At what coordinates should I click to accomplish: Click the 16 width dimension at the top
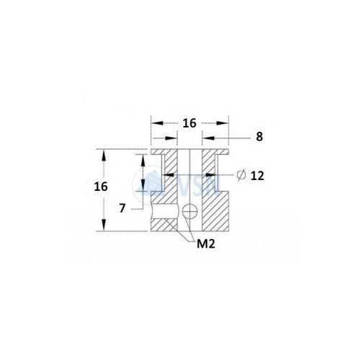tap(189, 123)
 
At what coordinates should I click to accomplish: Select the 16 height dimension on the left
tap(101, 186)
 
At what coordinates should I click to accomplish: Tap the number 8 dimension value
tap(259, 137)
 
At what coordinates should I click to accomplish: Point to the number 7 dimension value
tap(122, 208)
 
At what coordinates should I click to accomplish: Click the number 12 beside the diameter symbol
tap(258, 176)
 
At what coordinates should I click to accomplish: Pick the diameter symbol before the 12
tap(241, 175)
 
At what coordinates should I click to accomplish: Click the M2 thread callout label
tap(206, 244)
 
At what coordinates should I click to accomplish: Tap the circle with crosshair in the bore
tap(189, 212)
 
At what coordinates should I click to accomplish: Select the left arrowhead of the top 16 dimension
tap(157, 123)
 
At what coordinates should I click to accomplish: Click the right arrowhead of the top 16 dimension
tap(222, 123)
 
